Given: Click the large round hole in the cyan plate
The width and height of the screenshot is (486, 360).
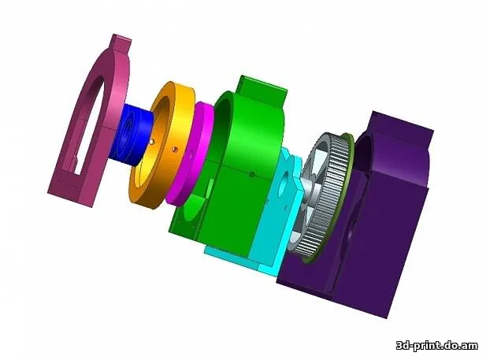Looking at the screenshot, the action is pyautogui.click(x=284, y=185).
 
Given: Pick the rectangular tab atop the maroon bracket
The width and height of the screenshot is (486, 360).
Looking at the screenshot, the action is pyautogui.click(x=121, y=43).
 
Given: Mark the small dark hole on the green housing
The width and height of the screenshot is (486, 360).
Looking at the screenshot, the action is pyautogui.click(x=252, y=174).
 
